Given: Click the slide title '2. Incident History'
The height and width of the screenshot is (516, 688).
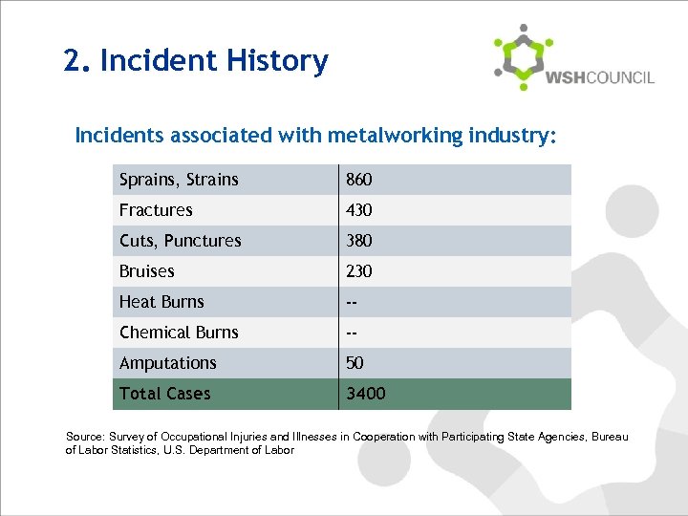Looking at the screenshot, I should click(196, 61).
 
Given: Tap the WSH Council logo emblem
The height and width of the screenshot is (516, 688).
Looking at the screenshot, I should click(523, 56).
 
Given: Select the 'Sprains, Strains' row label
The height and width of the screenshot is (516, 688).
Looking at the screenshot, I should click(179, 180).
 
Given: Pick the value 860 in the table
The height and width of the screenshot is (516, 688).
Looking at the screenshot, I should click(359, 180).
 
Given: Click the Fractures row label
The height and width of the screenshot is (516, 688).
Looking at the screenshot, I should click(156, 210).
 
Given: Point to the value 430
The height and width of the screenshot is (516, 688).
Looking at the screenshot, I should click(359, 210).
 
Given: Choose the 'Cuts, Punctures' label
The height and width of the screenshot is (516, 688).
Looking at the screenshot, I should click(181, 241).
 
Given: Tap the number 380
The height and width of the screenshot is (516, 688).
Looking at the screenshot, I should click(359, 241).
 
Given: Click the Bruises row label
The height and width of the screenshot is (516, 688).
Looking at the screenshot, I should click(147, 271).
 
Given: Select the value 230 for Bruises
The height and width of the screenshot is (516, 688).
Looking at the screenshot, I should click(359, 271).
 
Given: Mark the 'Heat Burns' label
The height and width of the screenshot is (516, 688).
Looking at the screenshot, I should click(161, 302).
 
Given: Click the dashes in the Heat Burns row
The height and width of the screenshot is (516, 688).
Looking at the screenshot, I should click(352, 302).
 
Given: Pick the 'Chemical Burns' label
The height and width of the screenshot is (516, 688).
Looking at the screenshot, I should click(179, 333).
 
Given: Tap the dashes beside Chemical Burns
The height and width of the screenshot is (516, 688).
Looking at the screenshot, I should click(352, 333).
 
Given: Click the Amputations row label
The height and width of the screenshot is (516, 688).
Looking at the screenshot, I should click(168, 363).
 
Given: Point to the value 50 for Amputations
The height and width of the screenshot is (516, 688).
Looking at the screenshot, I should click(355, 363).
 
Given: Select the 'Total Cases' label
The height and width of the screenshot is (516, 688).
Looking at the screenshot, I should click(165, 394).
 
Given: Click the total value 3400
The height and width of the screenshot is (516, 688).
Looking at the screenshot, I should click(366, 394).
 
